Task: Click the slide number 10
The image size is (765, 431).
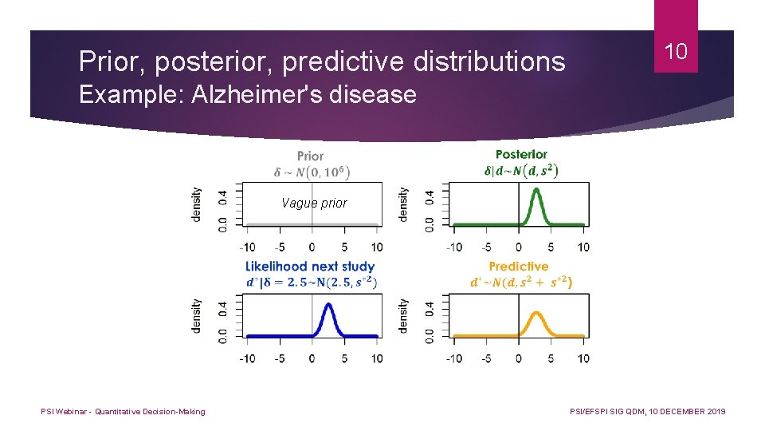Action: pos(676,53)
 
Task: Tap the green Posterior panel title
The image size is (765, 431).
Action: pos(521,154)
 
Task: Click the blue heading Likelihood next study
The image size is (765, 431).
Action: pos(310,267)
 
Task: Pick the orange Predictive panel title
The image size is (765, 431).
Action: pos(519,267)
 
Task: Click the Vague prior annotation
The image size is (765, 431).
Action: pos(314,204)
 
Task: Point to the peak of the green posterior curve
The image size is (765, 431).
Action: pos(536,190)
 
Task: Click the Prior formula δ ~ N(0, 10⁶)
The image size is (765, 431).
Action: pos(312,172)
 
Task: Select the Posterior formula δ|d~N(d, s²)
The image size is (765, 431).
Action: pos(521,170)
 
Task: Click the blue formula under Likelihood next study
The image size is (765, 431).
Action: pos(311,282)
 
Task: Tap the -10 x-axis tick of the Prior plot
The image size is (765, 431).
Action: pos(247,247)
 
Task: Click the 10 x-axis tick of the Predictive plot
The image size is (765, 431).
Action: pos(583,358)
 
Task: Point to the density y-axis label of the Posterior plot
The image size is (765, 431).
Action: pos(404,204)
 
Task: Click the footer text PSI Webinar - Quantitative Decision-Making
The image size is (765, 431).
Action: pos(124,412)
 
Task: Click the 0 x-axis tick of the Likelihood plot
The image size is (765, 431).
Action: pos(312,358)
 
